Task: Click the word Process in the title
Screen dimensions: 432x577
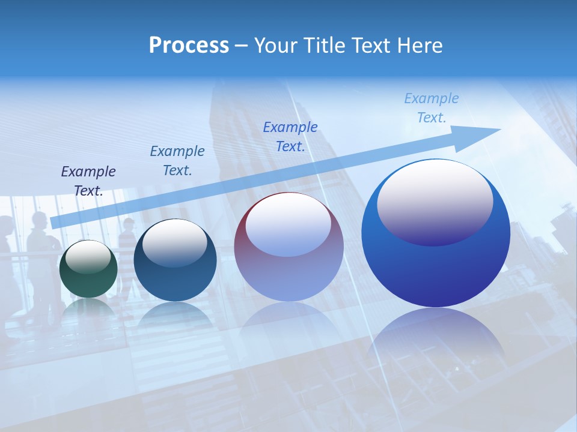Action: click(189, 45)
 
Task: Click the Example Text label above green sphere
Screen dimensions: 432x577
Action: click(88, 181)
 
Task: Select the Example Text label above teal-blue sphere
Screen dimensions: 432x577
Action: click(177, 161)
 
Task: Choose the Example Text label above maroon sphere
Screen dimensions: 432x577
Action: click(290, 136)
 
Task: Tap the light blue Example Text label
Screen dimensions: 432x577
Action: click(432, 108)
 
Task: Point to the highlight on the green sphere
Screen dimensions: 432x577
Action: click(88, 257)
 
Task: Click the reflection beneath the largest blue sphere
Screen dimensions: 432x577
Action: click(436, 336)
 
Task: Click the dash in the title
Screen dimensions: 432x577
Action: click(242, 46)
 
